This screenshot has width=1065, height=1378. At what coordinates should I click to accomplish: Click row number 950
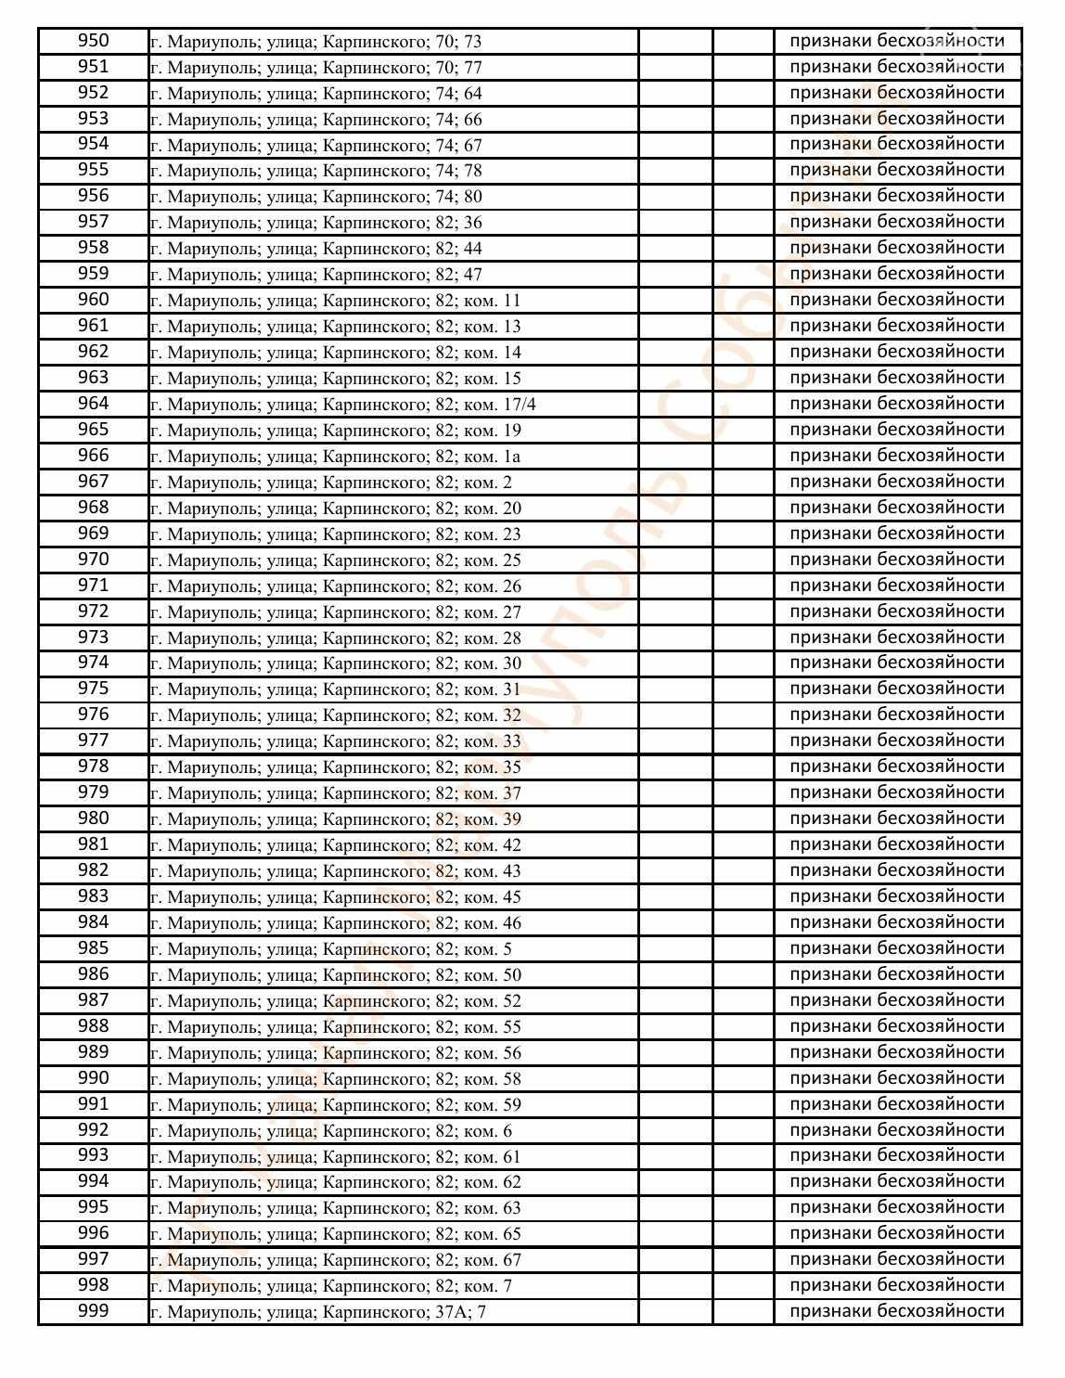tap(93, 41)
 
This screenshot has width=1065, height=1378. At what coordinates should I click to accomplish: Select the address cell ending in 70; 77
tap(316, 67)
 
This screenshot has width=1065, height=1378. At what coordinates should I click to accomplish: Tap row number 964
tap(93, 404)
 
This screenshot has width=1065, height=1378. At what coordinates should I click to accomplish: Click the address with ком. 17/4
tap(343, 404)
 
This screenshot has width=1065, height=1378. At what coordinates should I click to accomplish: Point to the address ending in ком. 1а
tap(336, 456)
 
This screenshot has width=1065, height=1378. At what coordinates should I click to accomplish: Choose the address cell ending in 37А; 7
tap(318, 1311)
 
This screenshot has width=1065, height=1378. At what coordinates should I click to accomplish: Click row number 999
tap(93, 1311)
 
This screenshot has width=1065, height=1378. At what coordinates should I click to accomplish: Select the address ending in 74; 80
tap(316, 197)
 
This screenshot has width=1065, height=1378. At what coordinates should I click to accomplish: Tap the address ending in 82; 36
tap(316, 223)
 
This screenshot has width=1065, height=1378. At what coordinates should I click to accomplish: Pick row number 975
tap(93, 689)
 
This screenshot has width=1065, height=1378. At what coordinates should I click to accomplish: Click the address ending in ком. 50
tap(336, 974)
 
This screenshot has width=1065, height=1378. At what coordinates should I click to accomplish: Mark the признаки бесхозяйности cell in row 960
tap(897, 300)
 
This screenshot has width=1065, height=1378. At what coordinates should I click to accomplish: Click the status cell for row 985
tap(897, 948)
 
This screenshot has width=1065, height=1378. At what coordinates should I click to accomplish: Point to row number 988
tap(93, 1026)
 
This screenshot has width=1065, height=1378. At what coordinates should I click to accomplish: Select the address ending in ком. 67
tap(336, 1259)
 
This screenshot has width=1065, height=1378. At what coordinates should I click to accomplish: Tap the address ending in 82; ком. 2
tap(331, 482)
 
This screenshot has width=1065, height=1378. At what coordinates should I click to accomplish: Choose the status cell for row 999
tap(897, 1311)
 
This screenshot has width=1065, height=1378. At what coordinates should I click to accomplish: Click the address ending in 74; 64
tap(316, 93)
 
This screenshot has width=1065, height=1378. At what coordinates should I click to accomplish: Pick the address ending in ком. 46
tap(336, 922)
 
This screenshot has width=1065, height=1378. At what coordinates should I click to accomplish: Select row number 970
tap(93, 560)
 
